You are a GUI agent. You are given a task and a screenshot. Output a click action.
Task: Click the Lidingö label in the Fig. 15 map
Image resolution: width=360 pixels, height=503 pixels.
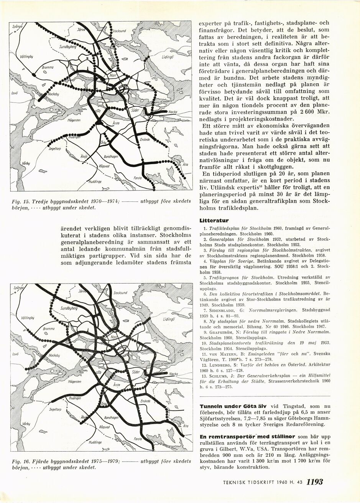pyautogui.click(x=168, y=56)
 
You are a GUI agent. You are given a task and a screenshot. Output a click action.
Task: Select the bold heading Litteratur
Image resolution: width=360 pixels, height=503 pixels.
pyautogui.click(x=214, y=220)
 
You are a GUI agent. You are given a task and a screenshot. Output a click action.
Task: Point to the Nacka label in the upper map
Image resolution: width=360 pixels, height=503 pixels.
pyautogui.click(x=173, y=112)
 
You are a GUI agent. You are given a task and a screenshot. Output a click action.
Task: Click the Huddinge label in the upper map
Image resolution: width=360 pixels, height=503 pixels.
pyautogui.click(x=95, y=182)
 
